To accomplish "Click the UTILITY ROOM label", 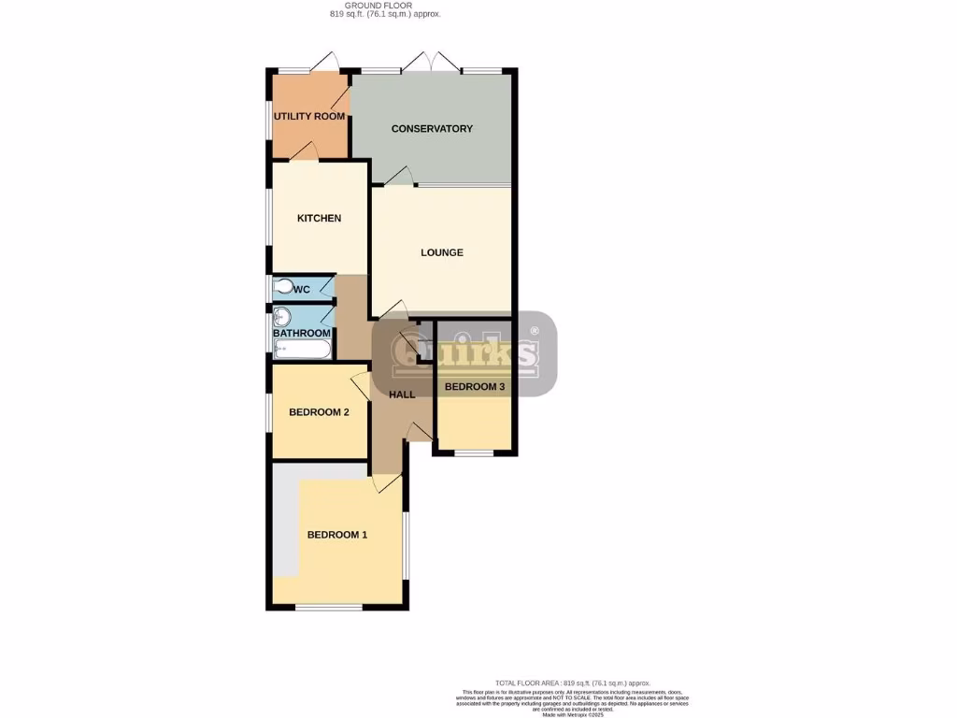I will tap(309, 117).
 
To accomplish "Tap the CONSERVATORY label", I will tap(432, 129).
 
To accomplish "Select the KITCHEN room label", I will tap(319, 219).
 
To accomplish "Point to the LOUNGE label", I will tap(442, 252).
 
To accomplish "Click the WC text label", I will tap(302, 290).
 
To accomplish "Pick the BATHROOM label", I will tap(302, 334).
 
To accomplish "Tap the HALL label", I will tap(402, 395).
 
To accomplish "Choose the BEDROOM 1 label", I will tap(337, 535).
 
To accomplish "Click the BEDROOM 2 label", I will tap(319, 412).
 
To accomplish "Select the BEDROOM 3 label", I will tap(475, 387).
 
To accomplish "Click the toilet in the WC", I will tap(281, 288).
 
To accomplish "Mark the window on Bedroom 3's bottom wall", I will tap(474, 453).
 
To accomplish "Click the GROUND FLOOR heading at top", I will tap(385, 6).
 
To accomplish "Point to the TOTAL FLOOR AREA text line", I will tap(572, 683).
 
